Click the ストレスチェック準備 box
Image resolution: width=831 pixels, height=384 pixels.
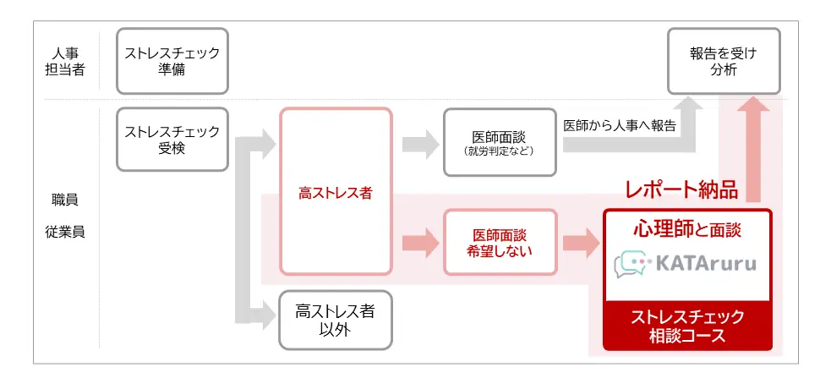point(172,61)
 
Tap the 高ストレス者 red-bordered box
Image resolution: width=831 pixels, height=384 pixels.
point(336,192)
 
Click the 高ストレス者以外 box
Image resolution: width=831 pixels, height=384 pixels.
point(336,320)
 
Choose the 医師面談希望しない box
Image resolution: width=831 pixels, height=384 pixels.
point(500,242)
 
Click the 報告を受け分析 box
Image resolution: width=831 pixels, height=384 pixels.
point(724,61)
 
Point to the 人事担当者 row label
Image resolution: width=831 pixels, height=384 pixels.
point(65,61)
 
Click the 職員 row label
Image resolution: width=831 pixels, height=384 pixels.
point(65,200)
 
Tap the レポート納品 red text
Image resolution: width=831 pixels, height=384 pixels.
point(681,190)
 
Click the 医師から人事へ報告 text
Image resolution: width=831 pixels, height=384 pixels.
point(620,124)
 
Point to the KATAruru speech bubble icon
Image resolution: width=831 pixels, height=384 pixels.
point(630,264)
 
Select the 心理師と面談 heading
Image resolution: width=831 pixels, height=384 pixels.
point(686,228)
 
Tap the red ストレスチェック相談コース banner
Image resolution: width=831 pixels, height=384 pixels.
point(686,326)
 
